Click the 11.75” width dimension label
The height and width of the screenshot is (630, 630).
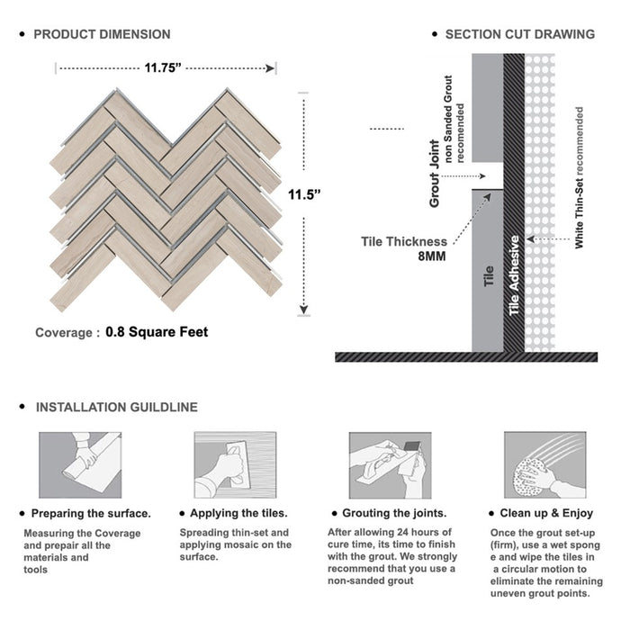163,67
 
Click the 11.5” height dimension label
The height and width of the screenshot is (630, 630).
304,194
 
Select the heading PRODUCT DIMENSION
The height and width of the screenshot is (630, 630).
102,34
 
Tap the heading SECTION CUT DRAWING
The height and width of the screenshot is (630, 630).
520,34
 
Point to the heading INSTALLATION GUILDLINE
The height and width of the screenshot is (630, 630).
117,407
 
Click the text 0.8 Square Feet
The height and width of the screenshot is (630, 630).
157,332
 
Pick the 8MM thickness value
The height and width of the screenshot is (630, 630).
432,256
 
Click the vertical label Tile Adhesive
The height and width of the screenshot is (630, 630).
514,275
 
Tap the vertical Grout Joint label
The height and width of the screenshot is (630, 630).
435,174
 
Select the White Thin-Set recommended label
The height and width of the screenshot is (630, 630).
579,177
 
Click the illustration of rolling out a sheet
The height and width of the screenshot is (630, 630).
80,465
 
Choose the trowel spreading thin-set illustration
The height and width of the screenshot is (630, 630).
235,465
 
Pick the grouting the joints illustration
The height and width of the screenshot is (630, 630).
390,465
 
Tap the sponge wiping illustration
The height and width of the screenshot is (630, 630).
545,465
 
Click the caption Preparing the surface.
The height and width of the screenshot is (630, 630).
91,514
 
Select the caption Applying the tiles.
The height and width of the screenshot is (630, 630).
239,513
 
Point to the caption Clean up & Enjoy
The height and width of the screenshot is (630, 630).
546,513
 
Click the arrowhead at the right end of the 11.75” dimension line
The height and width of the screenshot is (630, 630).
270,68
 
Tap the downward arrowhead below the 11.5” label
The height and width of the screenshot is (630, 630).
304,310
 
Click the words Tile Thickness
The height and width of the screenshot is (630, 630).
404,241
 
